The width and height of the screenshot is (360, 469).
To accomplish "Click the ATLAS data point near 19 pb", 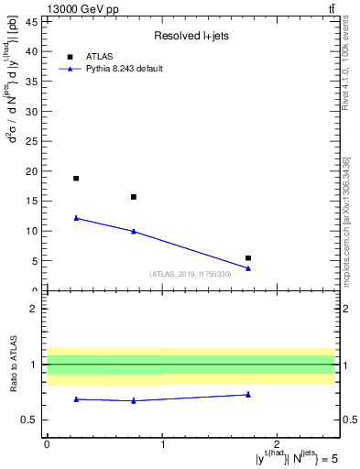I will (x=76, y=179).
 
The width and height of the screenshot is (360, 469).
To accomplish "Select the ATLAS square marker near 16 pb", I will (x=134, y=197).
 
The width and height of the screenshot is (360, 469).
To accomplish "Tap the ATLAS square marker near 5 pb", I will (x=248, y=258).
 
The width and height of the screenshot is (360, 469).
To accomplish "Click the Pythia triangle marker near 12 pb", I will (x=76, y=218).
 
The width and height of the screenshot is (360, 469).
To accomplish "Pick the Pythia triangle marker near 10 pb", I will (x=134, y=231).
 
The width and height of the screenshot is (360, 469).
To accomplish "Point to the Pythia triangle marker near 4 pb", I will (x=248, y=268).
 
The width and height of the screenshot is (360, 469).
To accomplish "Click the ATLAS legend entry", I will (x=102, y=57).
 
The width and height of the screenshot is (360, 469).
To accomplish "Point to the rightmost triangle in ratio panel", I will (x=248, y=395).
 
